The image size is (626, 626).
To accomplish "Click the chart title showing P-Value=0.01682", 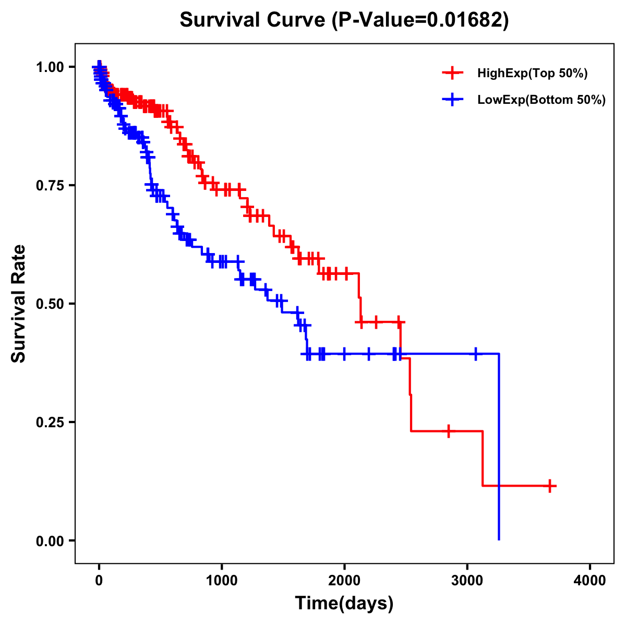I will pyautogui.click(x=344, y=20).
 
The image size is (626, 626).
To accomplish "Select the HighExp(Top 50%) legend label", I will pyautogui.click(x=533, y=74).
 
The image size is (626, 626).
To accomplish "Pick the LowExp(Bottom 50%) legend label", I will pyautogui.click(x=541, y=100).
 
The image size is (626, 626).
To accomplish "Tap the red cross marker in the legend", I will pyautogui.click(x=453, y=73).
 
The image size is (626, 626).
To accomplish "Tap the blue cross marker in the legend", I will pyautogui.click(x=453, y=100).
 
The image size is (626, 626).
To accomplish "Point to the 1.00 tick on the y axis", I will pyautogui.click(x=50, y=67).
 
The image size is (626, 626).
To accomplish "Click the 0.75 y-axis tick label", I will pyautogui.click(x=50, y=185).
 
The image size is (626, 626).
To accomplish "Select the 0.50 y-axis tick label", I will pyautogui.click(x=50, y=304).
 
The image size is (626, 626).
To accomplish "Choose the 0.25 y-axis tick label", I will pyautogui.click(x=50, y=422).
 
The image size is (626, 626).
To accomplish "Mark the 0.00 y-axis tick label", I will pyautogui.click(x=50, y=540).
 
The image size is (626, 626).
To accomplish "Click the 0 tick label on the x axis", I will pyautogui.click(x=99, y=581).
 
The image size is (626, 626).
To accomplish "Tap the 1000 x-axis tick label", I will pyautogui.click(x=222, y=581).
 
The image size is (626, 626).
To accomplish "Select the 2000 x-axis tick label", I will pyautogui.click(x=344, y=581).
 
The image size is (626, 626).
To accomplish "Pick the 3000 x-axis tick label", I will pyautogui.click(x=467, y=581).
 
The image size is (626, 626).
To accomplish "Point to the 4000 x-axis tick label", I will pyautogui.click(x=590, y=581).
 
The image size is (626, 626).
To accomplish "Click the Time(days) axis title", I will pyautogui.click(x=344, y=604).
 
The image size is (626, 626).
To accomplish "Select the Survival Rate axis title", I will pyautogui.click(x=19, y=304).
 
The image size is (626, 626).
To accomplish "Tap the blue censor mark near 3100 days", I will pyautogui.click(x=475, y=354).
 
